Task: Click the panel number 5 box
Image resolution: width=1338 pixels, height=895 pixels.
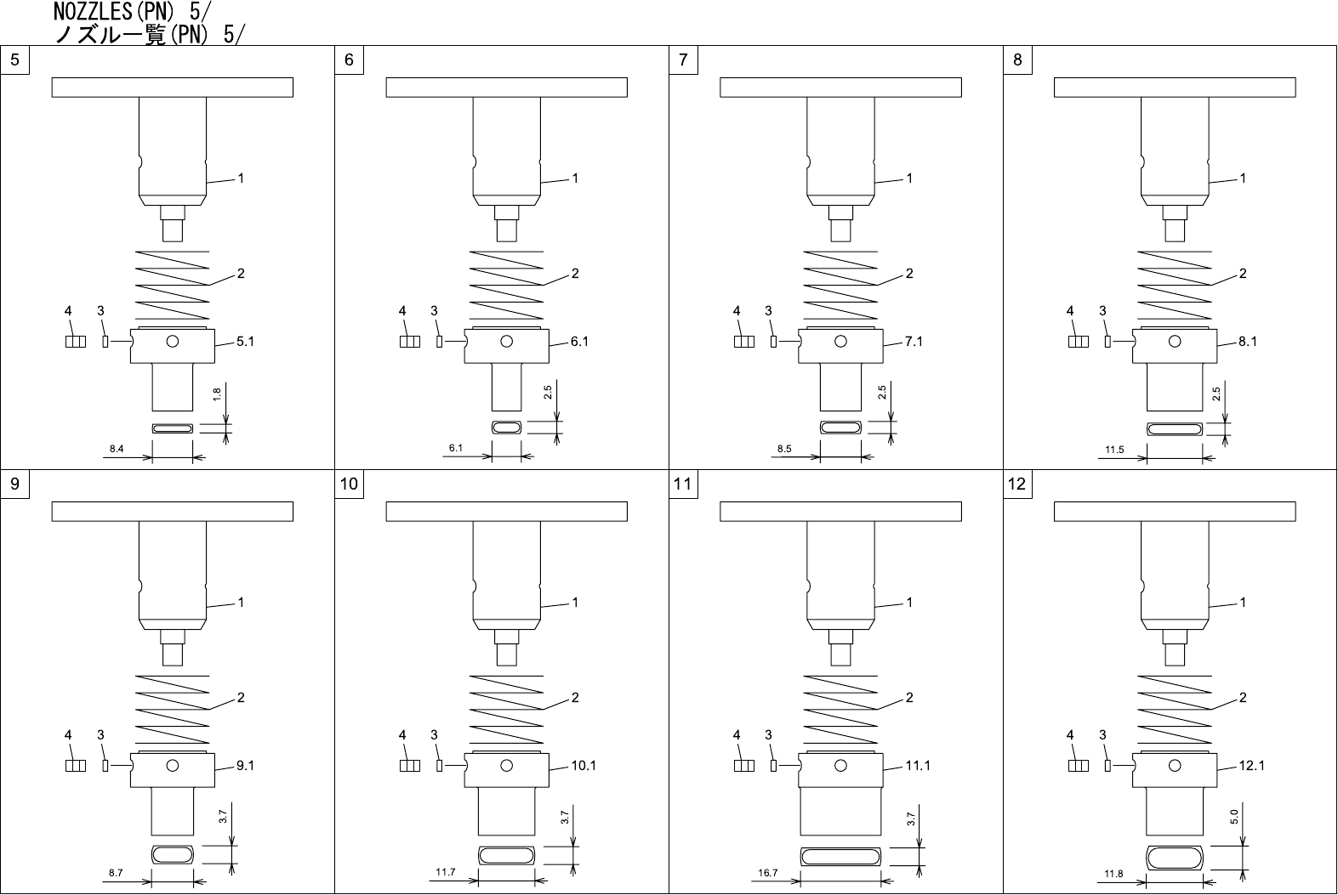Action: click(15, 59)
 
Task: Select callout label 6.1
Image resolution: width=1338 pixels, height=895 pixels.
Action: click(579, 342)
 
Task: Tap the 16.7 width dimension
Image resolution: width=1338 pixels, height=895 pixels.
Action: click(767, 873)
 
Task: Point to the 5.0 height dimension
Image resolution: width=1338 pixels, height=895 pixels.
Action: click(1233, 817)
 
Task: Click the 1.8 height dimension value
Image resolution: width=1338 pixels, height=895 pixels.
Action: click(218, 394)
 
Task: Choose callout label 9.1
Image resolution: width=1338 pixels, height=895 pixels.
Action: click(245, 766)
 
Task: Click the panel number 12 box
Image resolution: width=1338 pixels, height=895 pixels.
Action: click(1017, 484)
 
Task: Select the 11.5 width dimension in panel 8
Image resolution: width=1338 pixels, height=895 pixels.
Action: click(1114, 450)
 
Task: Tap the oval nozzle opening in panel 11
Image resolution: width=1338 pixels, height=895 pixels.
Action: click(840, 857)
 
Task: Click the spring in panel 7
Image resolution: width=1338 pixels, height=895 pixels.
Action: click(840, 284)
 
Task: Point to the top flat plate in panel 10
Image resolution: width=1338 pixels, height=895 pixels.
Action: click(506, 512)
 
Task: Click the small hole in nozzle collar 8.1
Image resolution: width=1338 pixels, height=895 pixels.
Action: click(1175, 343)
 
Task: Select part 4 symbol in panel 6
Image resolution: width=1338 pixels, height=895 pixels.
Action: click(409, 342)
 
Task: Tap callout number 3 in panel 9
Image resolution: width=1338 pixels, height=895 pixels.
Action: click(100, 735)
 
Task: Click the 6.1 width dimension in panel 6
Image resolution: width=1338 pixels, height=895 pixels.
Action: click(455, 448)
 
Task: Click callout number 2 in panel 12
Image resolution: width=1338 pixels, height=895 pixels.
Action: click(1243, 698)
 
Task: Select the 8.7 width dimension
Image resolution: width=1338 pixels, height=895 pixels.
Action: click(116, 873)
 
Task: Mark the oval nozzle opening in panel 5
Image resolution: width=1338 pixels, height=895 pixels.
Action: click(173, 428)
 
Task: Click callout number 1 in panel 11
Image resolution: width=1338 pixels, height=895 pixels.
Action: click(909, 603)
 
